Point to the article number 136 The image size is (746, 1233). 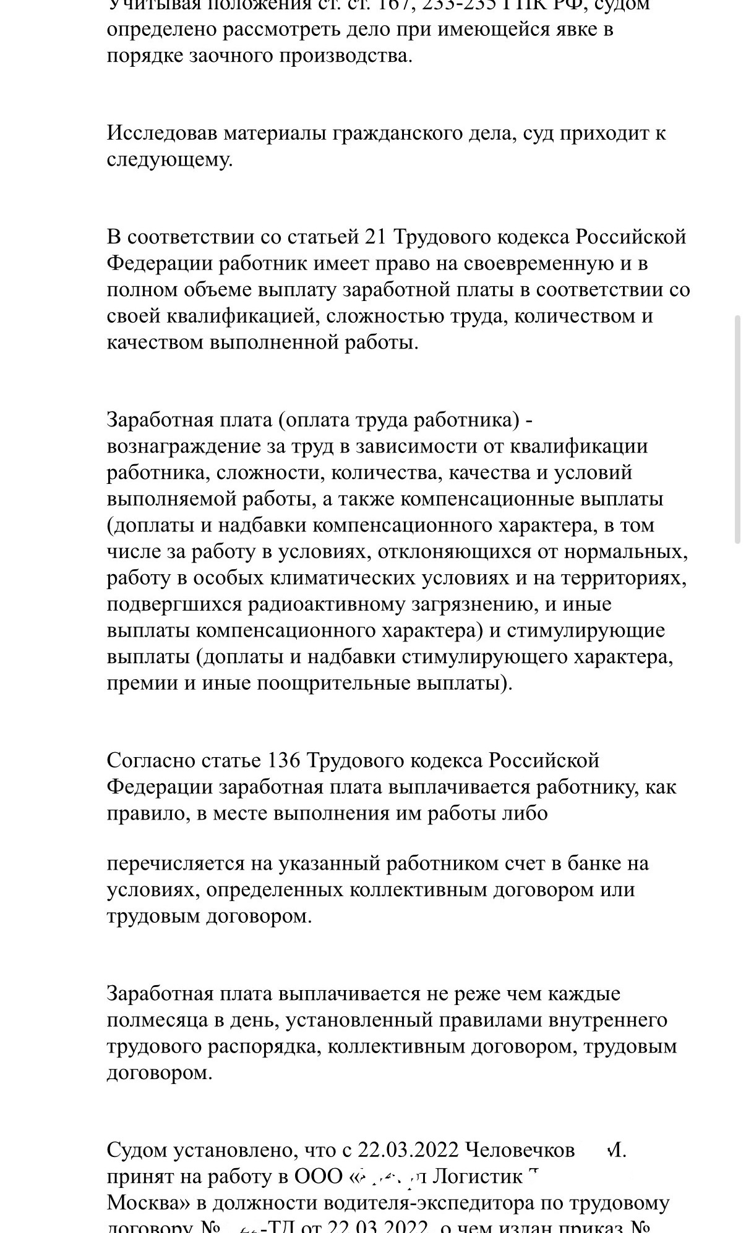pos(284,760)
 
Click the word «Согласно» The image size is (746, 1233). pos(151,760)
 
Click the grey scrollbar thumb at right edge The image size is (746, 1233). pos(737,429)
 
